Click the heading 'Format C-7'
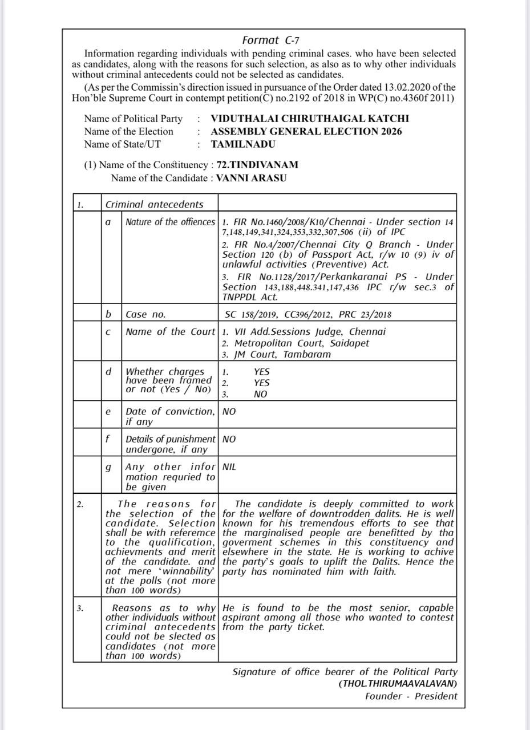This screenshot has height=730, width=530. click(271, 40)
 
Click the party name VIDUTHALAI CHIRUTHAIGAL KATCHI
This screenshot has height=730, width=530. click(309, 119)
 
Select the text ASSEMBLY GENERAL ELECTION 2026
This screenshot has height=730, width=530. click(306, 132)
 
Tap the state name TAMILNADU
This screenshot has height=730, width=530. click(242, 144)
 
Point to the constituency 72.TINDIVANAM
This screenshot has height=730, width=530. click(257, 165)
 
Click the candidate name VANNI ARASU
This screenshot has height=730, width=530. click(251, 178)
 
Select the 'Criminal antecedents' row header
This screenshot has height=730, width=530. click(154, 204)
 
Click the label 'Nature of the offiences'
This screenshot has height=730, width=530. click(170, 222)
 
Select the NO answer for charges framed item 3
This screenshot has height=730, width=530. click(261, 394)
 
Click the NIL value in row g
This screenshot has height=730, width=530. click(229, 467)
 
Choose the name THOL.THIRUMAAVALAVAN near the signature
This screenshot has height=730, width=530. click(398, 684)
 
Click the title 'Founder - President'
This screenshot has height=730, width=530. click(411, 696)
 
